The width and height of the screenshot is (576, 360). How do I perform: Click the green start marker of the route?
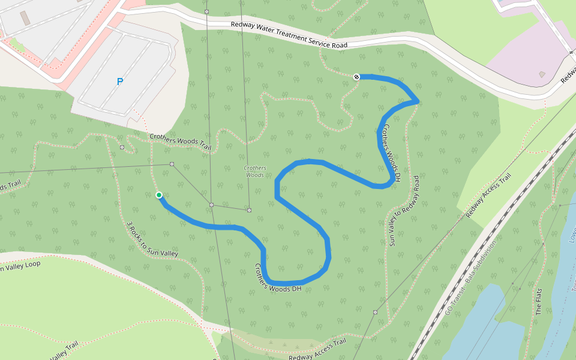point(159,195)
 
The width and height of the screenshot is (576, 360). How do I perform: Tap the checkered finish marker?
point(357,77)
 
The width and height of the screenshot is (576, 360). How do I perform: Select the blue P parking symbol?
point(120,82)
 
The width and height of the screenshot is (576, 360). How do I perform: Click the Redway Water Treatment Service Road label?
point(289,35)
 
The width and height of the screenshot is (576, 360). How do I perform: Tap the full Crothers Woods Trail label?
point(181,142)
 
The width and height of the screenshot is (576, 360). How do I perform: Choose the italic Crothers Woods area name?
point(255,171)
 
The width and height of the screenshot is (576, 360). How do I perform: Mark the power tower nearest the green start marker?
point(172,164)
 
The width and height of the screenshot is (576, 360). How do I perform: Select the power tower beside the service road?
point(206,11)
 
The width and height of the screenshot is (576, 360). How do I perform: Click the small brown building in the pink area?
point(543,74)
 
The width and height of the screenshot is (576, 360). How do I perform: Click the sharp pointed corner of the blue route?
point(416,101)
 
